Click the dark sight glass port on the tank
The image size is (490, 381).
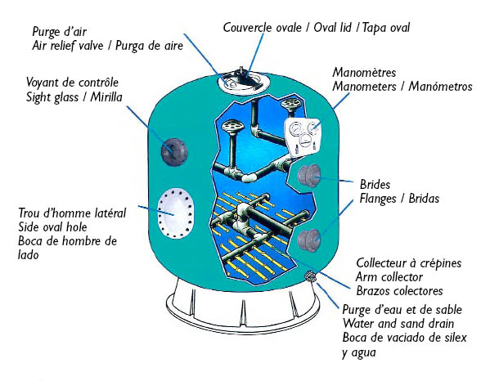click(174, 152)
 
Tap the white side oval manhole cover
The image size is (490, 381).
click(175, 213)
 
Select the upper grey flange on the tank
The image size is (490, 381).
click(308, 176)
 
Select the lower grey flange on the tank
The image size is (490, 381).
click(308, 240)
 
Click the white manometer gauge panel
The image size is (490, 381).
click(303, 137)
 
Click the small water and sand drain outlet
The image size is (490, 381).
click(311, 276)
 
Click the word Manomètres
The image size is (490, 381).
click(364, 73)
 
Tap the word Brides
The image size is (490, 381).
click(375, 184)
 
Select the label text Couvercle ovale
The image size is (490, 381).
click(263, 28)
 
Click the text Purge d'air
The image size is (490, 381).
click(60, 32)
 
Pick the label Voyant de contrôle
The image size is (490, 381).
click(73, 83)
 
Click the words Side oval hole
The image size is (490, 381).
click(52, 227)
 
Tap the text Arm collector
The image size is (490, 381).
click(389, 277)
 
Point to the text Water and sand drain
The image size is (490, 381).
click(398, 324)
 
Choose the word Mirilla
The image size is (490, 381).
click(106, 96)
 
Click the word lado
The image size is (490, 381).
click(28, 255)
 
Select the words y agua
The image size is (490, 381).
click(359, 353)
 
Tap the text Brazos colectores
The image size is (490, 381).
click(399, 291)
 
